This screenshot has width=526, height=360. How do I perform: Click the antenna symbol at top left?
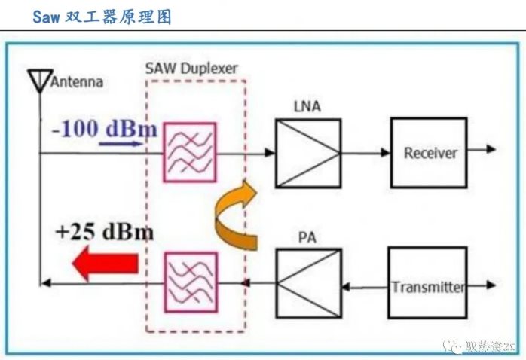pyautogui.click(x=38, y=78)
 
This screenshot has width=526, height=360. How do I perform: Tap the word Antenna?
pyautogui.click(x=77, y=82)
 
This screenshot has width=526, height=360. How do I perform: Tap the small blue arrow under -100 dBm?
pyautogui.click(x=121, y=142)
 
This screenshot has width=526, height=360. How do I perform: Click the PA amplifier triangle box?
pyautogui.click(x=307, y=282)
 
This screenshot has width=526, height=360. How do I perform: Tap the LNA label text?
pyautogui.click(x=307, y=107)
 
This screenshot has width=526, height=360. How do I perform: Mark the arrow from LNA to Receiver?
pyautogui.click(x=365, y=153)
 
